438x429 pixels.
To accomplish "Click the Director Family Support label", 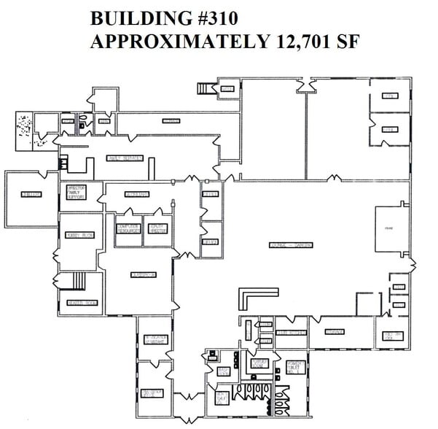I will pyautogui.click(x=77, y=192).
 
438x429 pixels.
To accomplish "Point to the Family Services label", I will pyautogui.click(x=125, y=158).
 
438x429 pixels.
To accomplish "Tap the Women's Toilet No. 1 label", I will pyautogui.click(x=294, y=366).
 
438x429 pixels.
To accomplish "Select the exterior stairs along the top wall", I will pyautogui.click(x=203, y=89).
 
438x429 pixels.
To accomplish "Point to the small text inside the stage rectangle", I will pyautogui.click(x=387, y=228).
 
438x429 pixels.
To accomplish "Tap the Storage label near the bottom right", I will pyautogui.click(x=335, y=332).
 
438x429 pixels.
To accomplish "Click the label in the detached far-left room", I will pyautogui.click(x=30, y=194).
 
